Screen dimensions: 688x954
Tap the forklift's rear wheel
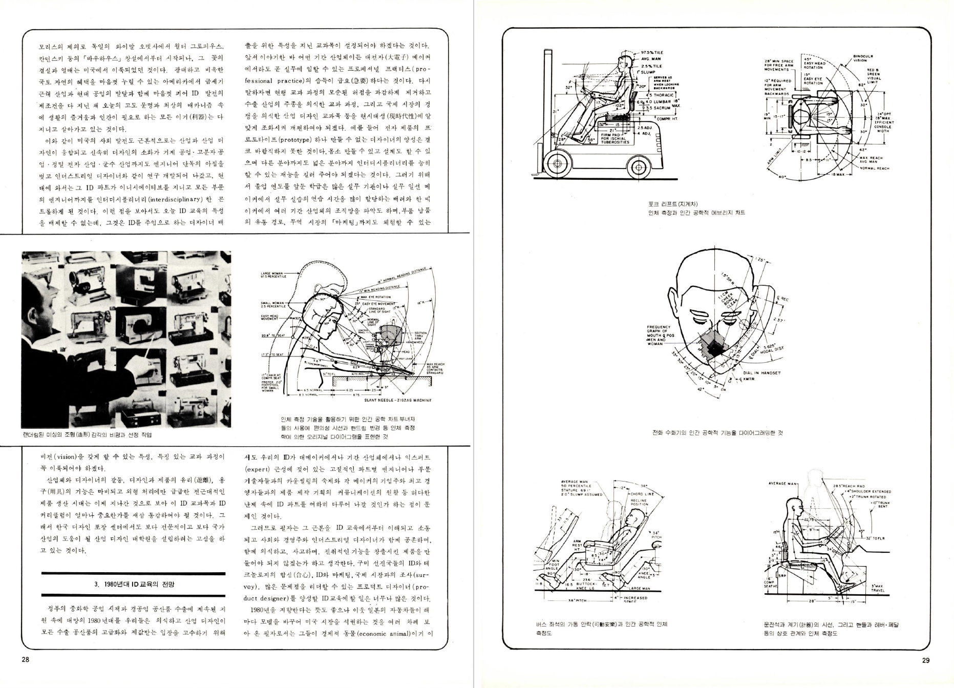[x=638, y=166]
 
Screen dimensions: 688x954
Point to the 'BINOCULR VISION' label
[x=863, y=58]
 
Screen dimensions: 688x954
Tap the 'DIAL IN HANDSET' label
[x=762, y=373]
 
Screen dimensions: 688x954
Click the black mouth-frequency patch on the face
[x=716, y=347]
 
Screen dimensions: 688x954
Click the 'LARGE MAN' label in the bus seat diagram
[x=640, y=589]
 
